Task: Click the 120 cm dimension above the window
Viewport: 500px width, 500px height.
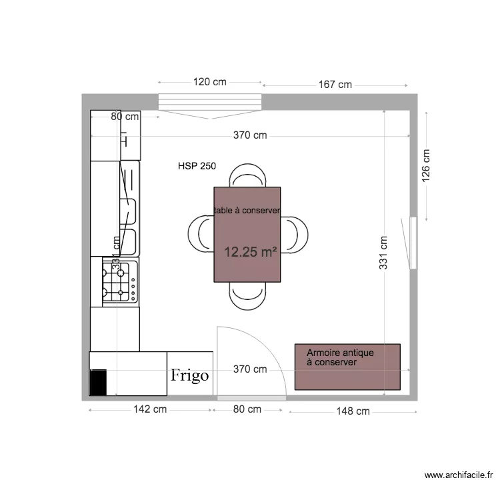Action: [210, 82]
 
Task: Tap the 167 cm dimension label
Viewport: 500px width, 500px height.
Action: [335, 85]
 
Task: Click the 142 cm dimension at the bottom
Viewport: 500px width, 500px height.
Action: [150, 409]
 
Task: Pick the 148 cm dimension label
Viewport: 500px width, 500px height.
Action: [353, 411]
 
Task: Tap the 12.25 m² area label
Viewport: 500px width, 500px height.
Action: [251, 252]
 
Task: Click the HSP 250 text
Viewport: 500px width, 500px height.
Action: [197, 167]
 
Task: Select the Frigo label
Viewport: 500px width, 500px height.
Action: [189, 375]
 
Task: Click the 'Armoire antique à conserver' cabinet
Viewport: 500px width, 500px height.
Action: [347, 367]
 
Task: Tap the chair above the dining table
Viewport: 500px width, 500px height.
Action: [248, 177]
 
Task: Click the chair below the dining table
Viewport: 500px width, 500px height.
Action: [248, 293]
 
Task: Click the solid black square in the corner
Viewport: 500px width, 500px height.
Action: [98, 383]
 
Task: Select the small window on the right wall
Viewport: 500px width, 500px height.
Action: [413, 243]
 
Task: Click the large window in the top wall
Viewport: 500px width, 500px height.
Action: [210, 104]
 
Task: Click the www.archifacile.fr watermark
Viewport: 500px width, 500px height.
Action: [458, 475]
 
